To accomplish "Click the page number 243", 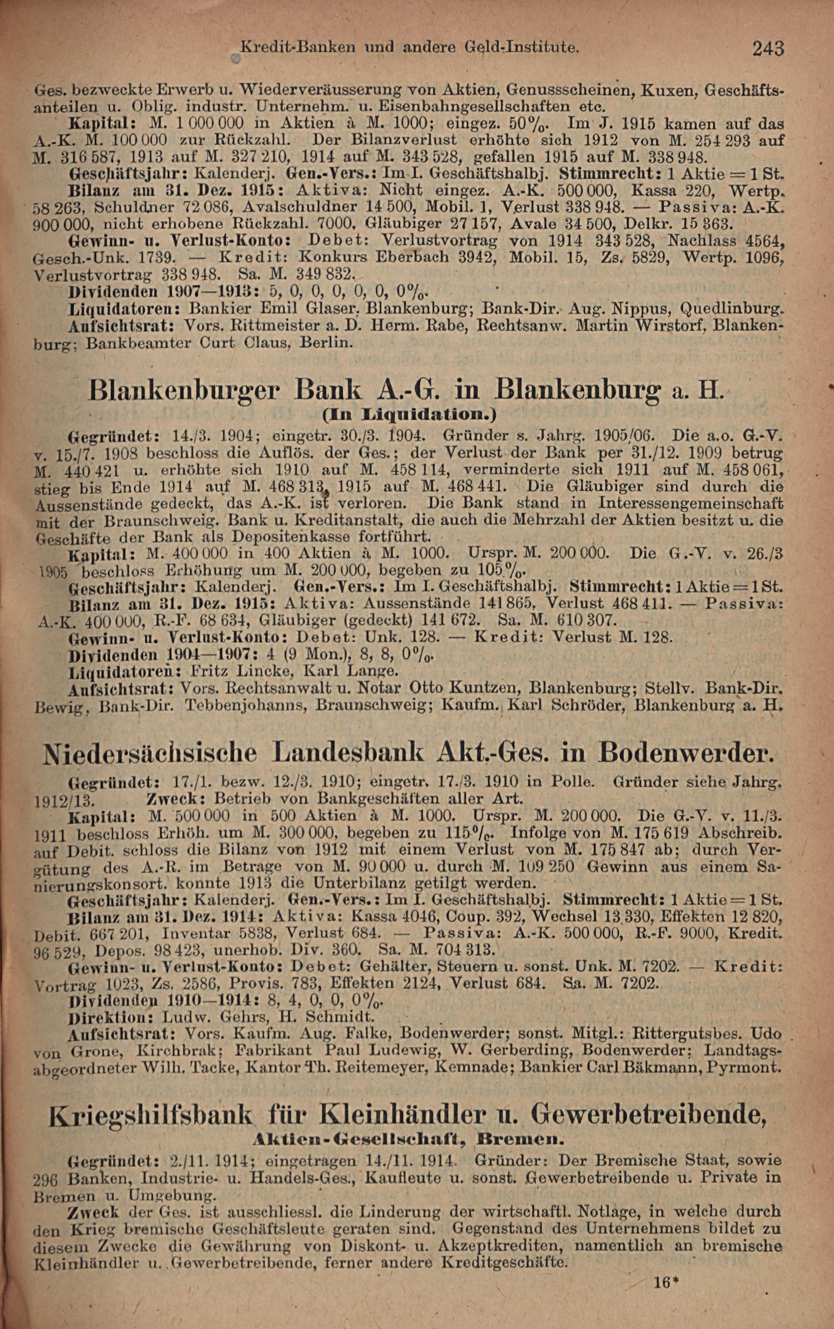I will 768,49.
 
